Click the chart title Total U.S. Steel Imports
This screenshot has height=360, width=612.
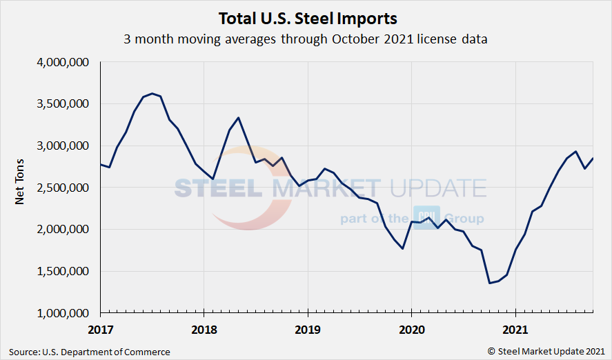(308, 17)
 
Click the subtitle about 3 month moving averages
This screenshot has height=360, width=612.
(306, 39)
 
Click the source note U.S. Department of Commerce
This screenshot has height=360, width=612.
(90, 352)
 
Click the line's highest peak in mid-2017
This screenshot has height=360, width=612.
(152, 93)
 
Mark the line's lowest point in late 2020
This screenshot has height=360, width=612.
(490, 283)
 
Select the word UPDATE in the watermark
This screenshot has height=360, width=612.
(437, 188)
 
